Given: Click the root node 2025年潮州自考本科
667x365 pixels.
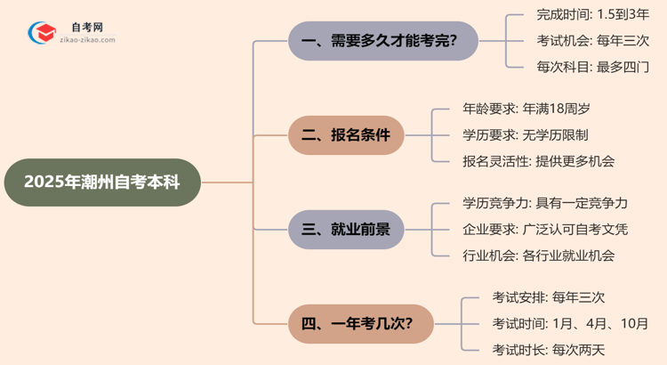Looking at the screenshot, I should (x=101, y=182).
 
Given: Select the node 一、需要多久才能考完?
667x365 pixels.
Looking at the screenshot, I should (x=383, y=41).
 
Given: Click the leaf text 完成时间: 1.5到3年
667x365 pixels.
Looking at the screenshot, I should (x=593, y=15).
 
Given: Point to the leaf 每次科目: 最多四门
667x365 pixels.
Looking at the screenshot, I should (x=593, y=67).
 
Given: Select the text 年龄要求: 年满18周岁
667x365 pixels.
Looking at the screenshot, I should (x=526, y=109).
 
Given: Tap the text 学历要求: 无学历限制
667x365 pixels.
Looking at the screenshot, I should (x=526, y=135).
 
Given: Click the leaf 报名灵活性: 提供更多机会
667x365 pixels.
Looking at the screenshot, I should (x=539, y=161).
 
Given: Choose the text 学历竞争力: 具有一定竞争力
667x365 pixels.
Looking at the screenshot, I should (x=545, y=204).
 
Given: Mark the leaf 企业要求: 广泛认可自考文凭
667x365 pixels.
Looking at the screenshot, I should (x=545, y=230).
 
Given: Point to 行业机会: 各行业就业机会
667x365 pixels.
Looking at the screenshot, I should (x=539, y=255).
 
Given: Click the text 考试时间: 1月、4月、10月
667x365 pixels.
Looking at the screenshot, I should (x=570, y=323).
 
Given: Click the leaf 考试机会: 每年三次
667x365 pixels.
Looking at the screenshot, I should (x=593, y=41).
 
